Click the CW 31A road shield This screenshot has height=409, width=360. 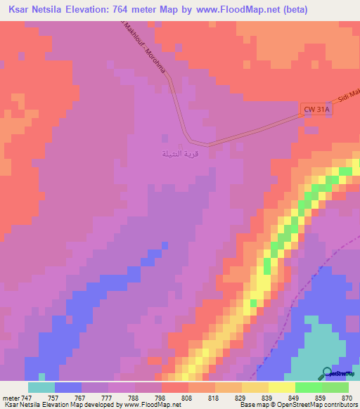pyautogui.click(x=316, y=110)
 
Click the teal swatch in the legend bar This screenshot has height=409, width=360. pyautogui.click(x=41, y=387)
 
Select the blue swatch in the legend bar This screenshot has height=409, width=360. pyautogui.click(x=68, y=387)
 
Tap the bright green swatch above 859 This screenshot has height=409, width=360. pyautogui.click(x=309, y=387)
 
